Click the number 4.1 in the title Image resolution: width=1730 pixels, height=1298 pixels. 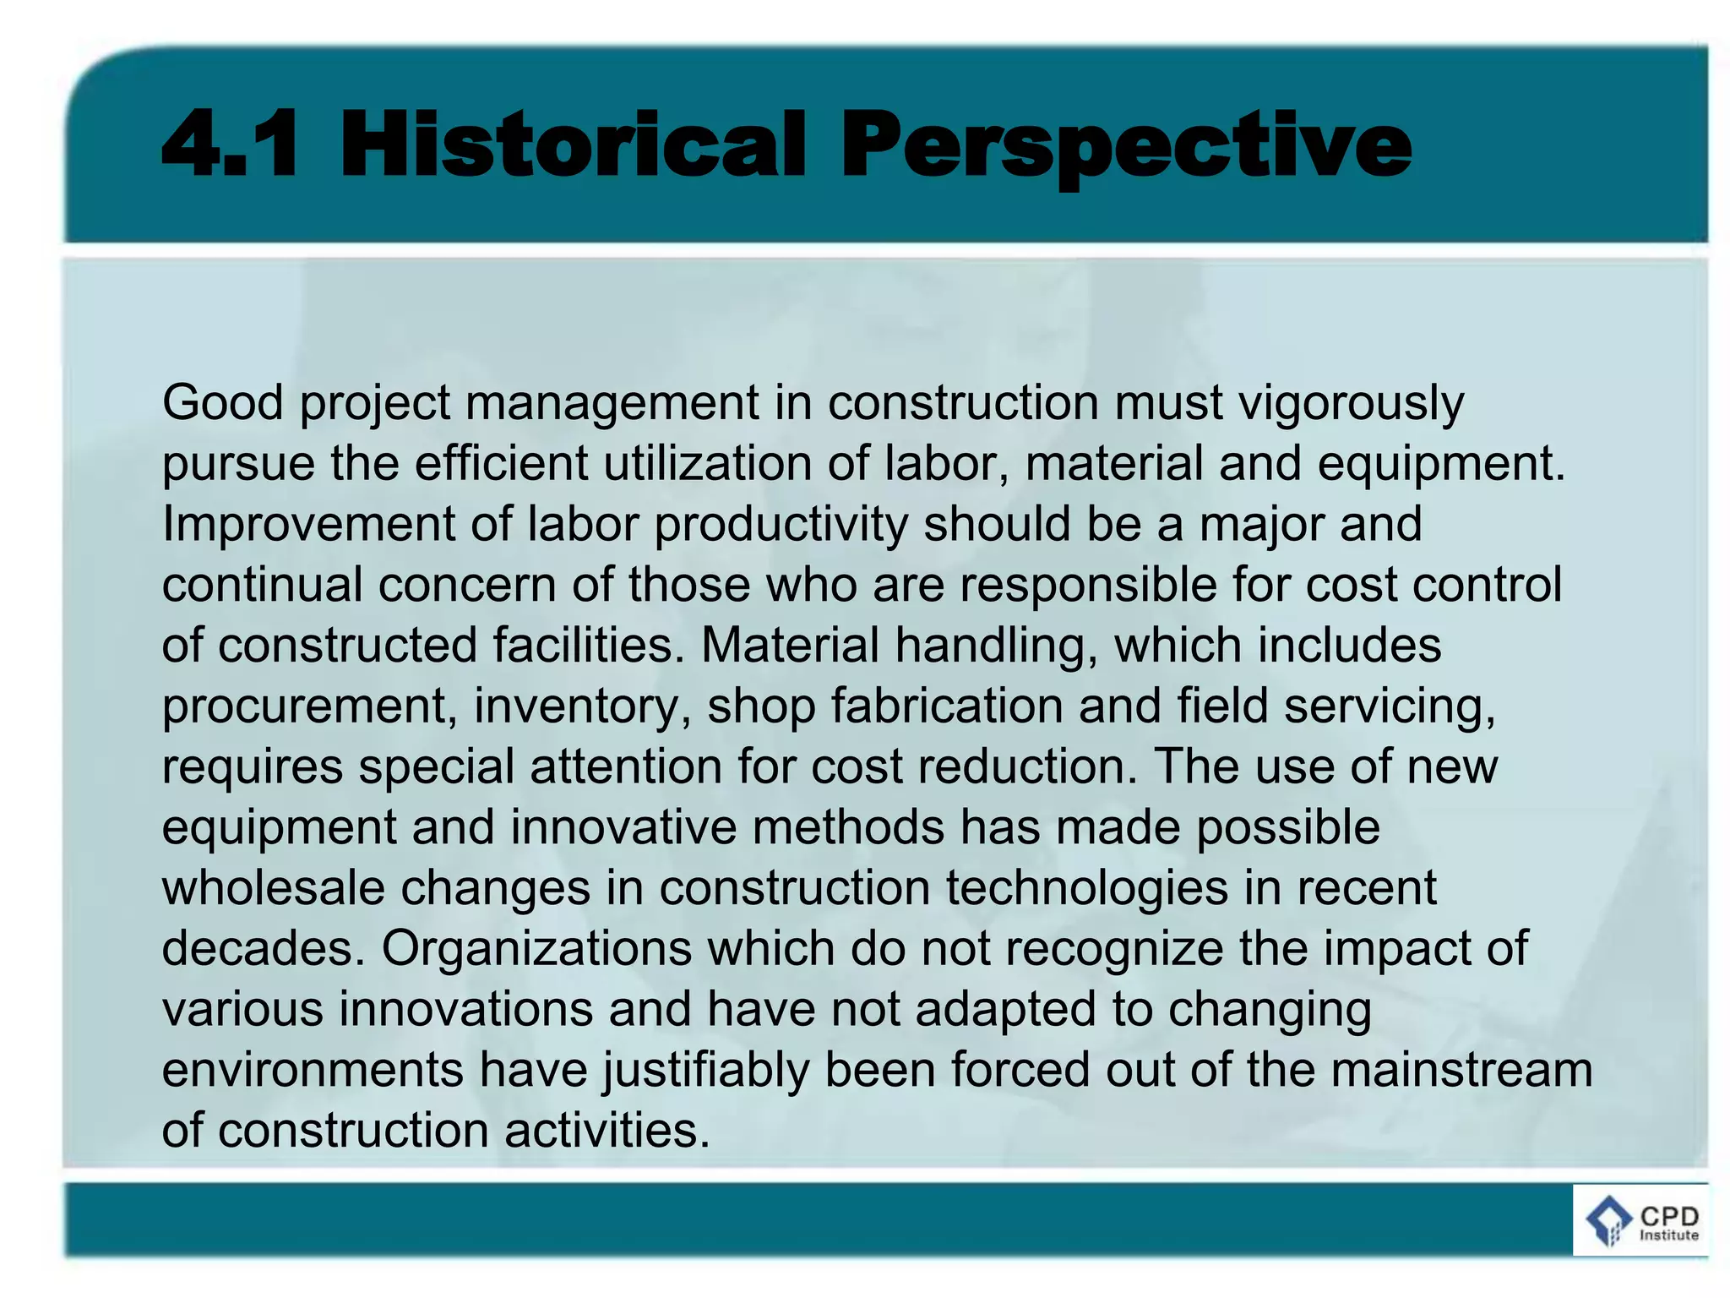(x=230, y=145)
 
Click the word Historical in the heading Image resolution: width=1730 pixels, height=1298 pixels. (x=573, y=145)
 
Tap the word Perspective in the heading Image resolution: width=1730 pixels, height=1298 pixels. (x=1125, y=145)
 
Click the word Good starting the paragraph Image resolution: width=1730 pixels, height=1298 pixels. (x=222, y=403)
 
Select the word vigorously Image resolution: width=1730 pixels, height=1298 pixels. (x=1351, y=403)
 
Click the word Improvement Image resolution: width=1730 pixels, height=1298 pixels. (x=308, y=525)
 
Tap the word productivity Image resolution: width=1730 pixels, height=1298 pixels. (x=781, y=525)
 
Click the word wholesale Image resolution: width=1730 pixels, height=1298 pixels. (x=272, y=888)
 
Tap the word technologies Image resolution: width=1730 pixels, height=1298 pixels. (x=1086, y=888)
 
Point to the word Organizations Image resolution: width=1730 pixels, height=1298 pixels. (x=536, y=949)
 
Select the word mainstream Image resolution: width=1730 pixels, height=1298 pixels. (x=1461, y=1071)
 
